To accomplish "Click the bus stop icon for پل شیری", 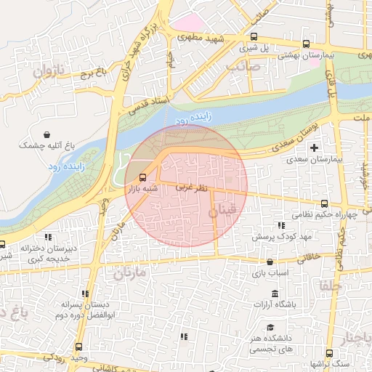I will [254, 37].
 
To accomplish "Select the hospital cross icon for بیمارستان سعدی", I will [314, 148].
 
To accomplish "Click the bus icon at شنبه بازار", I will [143, 177].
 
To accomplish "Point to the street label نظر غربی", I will [192, 187].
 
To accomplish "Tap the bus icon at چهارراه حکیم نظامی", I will [324, 204].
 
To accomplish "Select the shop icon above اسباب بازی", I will [270, 262].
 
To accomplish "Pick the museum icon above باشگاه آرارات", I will [274, 294].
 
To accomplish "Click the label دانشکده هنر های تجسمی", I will [274, 344].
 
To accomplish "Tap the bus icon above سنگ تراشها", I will [328, 352].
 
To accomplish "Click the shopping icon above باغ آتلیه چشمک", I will [47, 135].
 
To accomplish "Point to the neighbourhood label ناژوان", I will [49, 71].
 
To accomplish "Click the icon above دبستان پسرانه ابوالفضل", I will [86, 294].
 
